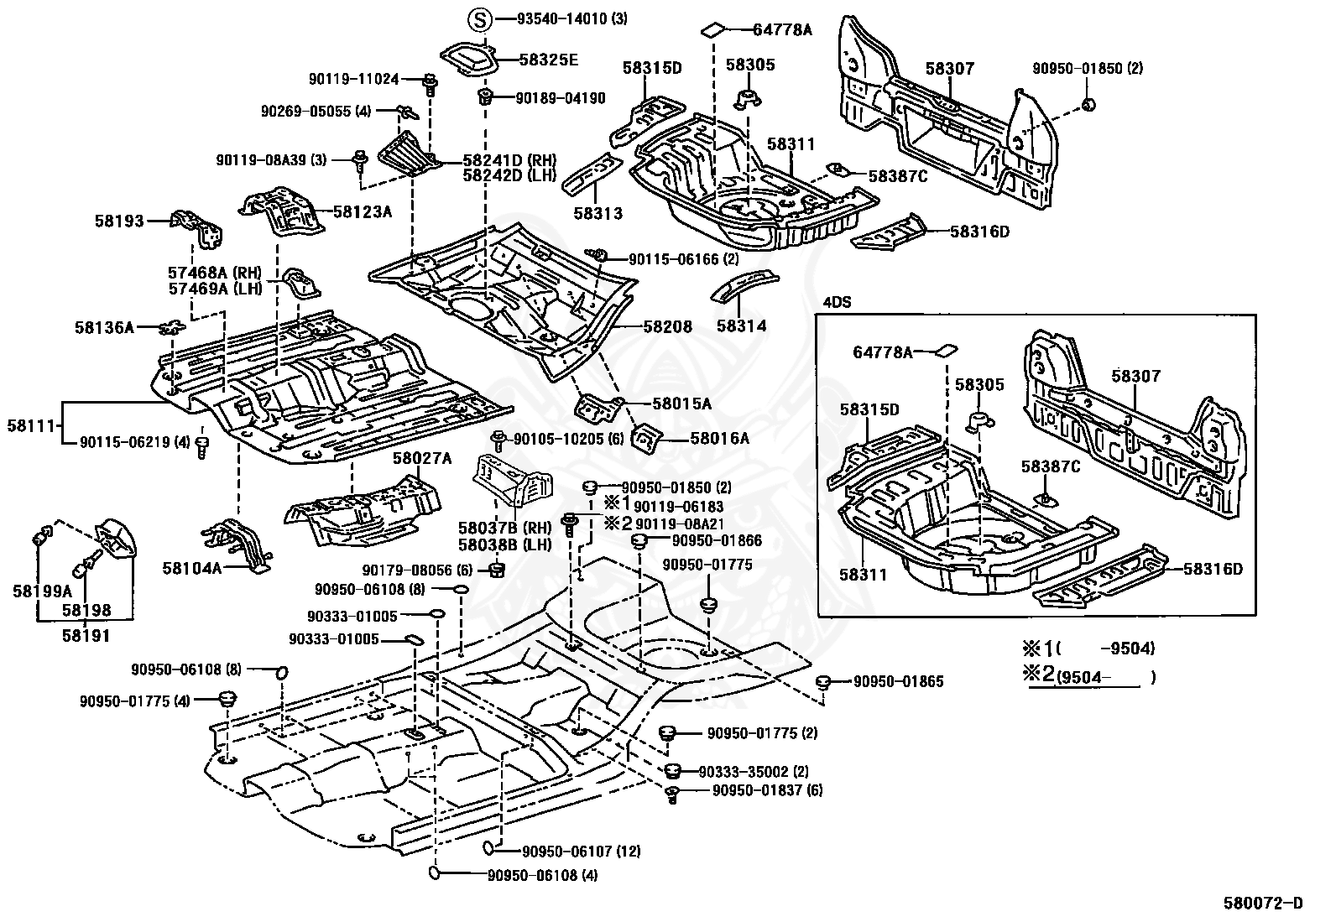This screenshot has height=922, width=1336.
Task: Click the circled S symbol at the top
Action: pyautogui.click(x=478, y=18)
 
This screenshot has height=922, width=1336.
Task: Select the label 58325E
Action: pyautogui.click(x=549, y=60)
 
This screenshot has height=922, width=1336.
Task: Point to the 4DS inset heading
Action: pyautogui.click(x=836, y=302)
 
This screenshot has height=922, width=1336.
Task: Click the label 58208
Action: pyautogui.click(x=668, y=327)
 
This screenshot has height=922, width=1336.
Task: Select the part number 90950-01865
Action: pyautogui.click(x=898, y=682)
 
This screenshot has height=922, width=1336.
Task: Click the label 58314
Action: pyautogui.click(x=741, y=326)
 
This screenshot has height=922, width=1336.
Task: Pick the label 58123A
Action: pyautogui.click(x=363, y=212)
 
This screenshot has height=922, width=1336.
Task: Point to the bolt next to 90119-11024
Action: pyautogui.click(x=430, y=82)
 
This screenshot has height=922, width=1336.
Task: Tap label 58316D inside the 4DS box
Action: pyautogui.click(x=1213, y=569)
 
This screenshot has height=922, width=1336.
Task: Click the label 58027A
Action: pyautogui.click(x=422, y=458)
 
